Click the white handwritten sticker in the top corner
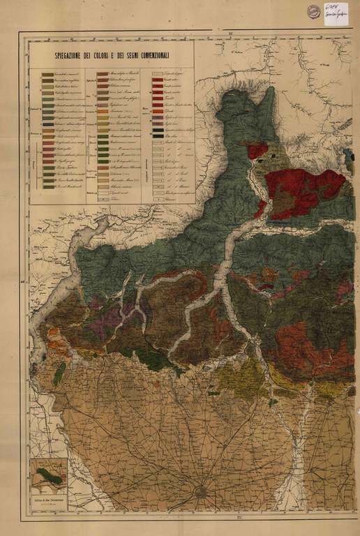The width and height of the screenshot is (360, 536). pyautogui.click(x=336, y=13)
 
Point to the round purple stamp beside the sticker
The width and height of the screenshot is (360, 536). pyautogui.click(x=314, y=10)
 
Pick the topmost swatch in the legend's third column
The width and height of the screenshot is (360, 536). pyautogui.click(x=158, y=73)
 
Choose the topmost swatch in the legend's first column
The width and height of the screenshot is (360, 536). pyautogui.click(x=48, y=73)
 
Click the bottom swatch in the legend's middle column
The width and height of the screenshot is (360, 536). pyautogui.click(x=103, y=199)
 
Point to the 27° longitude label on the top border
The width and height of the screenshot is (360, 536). pyautogui.click(x=231, y=31)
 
